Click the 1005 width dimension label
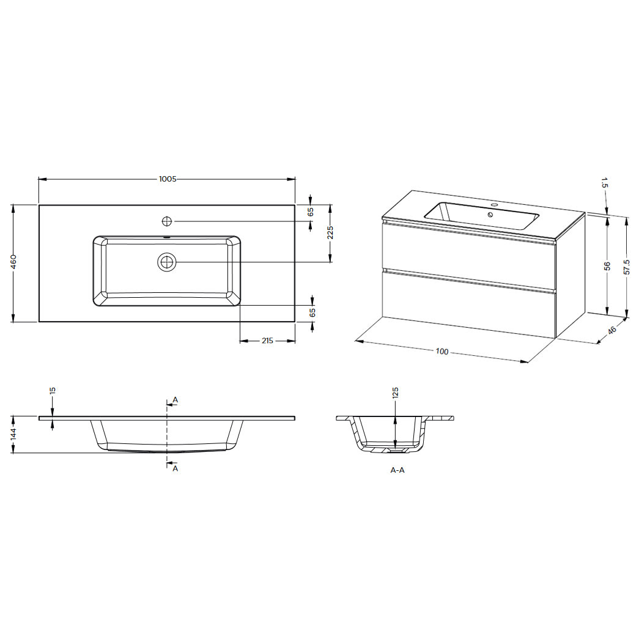[168, 179]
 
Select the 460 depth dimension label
[13, 262]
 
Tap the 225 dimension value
[330, 233]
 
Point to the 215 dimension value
[267, 341]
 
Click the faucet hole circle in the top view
[167, 221]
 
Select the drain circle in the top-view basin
[167, 262]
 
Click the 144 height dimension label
[13, 434]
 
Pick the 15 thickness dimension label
[53, 390]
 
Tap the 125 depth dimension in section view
[395, 393]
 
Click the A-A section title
[397, 470]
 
